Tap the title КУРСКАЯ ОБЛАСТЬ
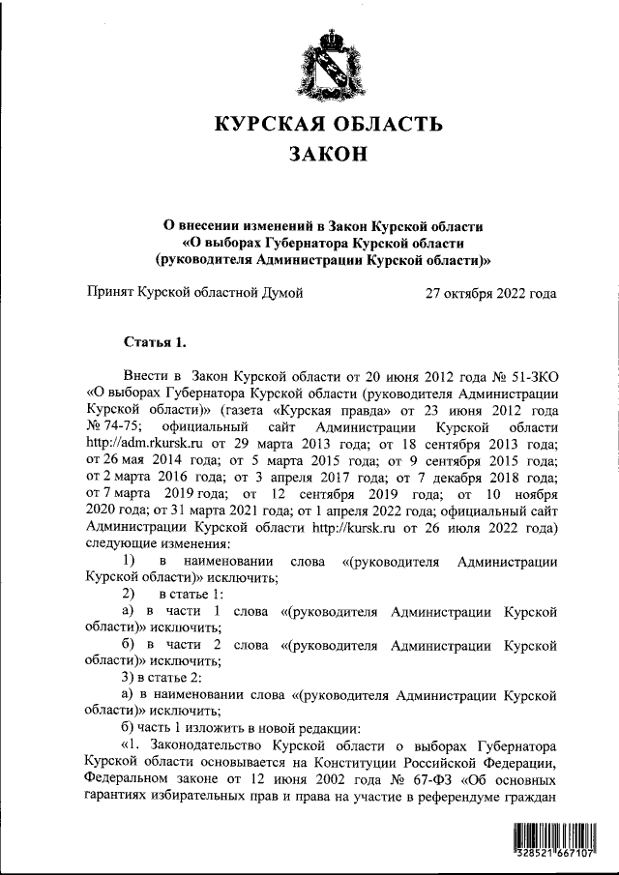[x=329, y=123]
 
